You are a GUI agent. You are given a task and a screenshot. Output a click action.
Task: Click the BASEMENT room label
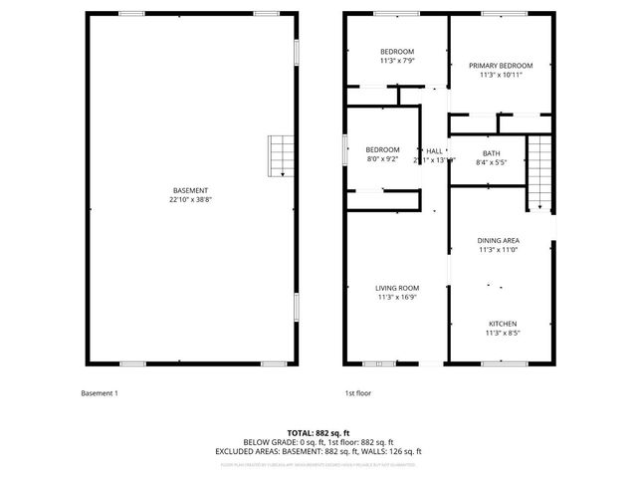(190, 190)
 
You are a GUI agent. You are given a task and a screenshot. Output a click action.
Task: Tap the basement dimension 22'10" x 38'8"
(190, 200)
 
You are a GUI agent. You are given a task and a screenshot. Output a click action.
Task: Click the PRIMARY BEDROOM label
(501, 66)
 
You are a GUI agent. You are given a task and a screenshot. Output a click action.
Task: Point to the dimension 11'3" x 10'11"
(501, 76)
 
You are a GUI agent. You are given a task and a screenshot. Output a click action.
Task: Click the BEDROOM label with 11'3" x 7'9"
(397, 52)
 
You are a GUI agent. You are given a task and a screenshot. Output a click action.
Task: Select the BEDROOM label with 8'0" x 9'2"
(382, 149)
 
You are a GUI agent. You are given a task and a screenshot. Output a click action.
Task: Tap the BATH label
(492, 152)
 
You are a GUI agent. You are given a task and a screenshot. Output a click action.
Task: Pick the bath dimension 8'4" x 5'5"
(492, 162)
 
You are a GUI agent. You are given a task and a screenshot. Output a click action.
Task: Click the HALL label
(434, 150)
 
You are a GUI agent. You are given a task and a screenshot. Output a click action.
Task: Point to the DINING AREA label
(498, 240)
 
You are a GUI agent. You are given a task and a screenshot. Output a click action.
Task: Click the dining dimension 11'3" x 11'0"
(498, 250)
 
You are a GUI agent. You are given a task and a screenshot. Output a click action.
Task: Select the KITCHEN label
(501, 324)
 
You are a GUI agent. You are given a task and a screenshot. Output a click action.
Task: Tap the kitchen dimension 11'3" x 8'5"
(501, 334)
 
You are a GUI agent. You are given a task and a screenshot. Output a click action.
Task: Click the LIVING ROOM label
(397, 288)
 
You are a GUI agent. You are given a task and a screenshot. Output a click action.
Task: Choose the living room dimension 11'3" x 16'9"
(397, 298)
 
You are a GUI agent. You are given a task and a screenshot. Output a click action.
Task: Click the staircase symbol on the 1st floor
(538, 171)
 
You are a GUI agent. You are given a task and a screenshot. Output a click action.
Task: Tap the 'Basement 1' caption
(100, 393)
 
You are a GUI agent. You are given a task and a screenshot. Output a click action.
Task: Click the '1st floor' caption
(357, 393)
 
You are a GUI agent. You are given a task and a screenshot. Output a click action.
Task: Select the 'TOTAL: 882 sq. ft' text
(318, 433)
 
